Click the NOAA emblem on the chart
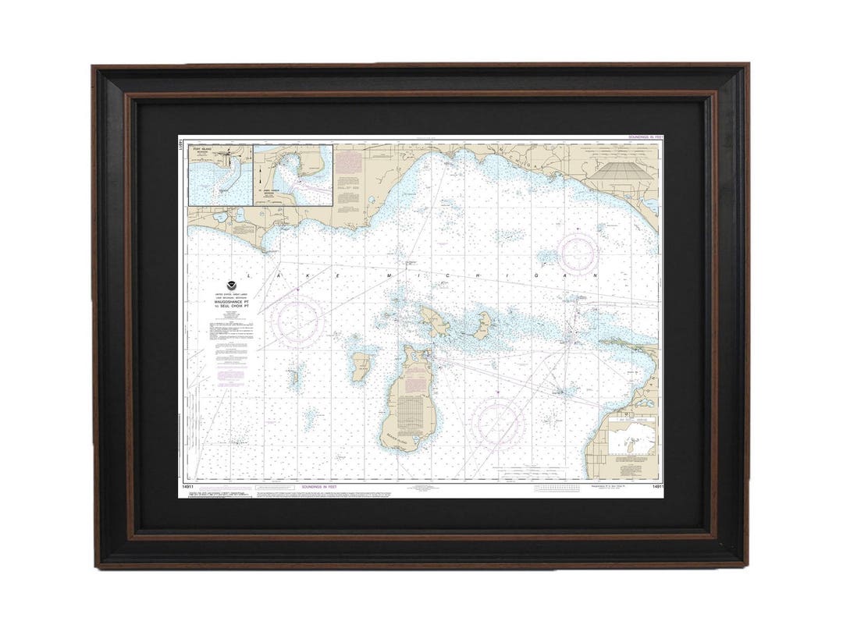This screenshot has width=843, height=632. pyautogui.click(x=232, y=286)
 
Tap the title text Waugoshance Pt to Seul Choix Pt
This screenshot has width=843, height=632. pyautogui.click(x=232, y=300)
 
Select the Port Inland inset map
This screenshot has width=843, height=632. pyautogui.click(x=221, y=175)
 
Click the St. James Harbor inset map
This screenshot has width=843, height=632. pyautogui.click(x=293, y=175)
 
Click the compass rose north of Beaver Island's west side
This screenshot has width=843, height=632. pyautogui.click(x=298, y=321)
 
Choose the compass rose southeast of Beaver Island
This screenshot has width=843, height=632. pyautogui.click(x=497, y=422)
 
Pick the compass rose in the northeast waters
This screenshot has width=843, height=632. pyautogui.click(x=578, y=253)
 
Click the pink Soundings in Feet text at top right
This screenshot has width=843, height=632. pyautogui.click(x=644, y=137)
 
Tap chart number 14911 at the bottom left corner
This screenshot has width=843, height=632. pyautogui.click(x=187, y=487)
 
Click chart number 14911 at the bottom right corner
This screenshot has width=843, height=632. pyautogui.click(x=657, y=487)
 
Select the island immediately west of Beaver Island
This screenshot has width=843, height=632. pyautogui.click(x=360, y=366)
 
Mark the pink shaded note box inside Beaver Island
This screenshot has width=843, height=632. pyautogui.click(x=410, y=411)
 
